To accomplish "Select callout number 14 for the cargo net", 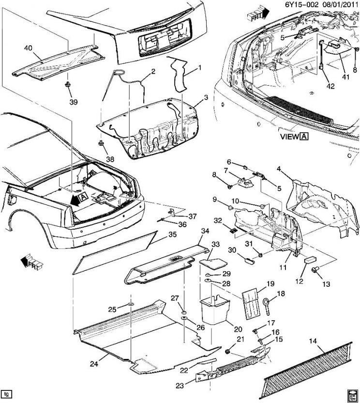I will [x=313, y=341].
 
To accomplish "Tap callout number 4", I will [x=279, y=169].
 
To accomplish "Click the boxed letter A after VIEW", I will [x=305, y=137].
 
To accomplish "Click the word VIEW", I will [x=289, y=137].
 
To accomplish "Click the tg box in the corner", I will [x=6, y=393].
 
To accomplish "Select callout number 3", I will [x=206, y=97].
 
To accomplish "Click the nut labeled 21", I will [x=228, y=351].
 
